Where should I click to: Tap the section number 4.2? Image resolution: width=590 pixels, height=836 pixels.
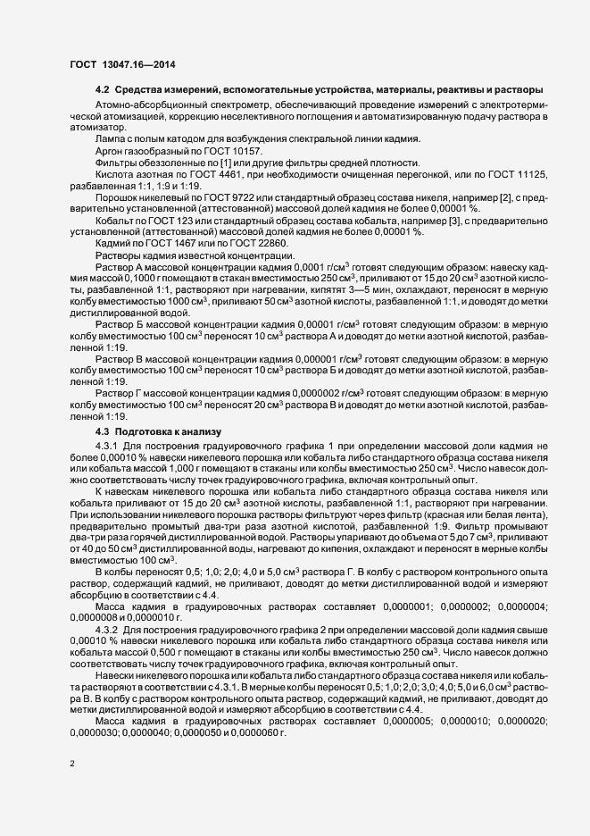coord(102,90)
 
